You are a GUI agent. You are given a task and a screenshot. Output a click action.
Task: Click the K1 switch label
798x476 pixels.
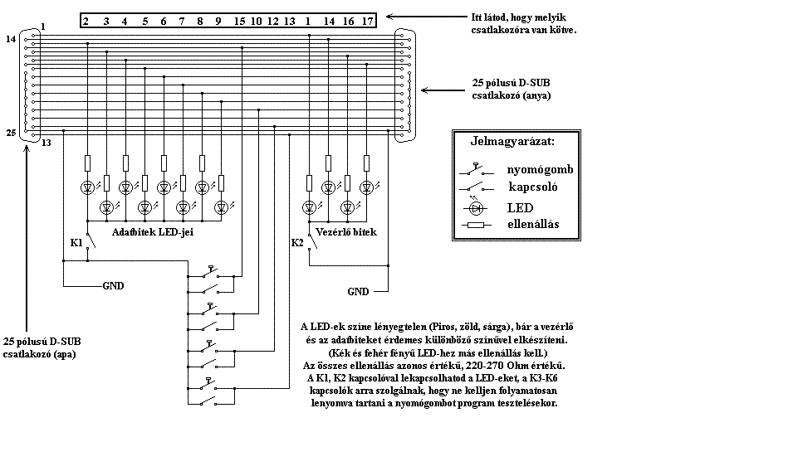pyautogui.click(x=76, y=243)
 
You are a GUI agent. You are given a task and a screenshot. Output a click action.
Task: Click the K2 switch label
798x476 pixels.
pyautogui.click(x=297, y=243)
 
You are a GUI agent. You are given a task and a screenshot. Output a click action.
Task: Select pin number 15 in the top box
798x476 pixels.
pyautogui.click(x=239, y=22)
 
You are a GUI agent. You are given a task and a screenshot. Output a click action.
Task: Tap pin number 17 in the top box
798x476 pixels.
pyautogui.click(x=368, y=22)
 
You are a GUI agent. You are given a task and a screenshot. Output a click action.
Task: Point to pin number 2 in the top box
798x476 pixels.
pyautogui.click(x=86, y=22)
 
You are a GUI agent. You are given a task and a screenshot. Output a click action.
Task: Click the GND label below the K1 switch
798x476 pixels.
pyautogui.click(x=113, y=286)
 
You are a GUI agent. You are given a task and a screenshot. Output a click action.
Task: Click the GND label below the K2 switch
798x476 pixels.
pyautogui.click(x=358, y=292)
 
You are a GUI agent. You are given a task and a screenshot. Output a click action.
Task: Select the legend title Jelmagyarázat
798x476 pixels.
pyautogui.click(x=512, y=142)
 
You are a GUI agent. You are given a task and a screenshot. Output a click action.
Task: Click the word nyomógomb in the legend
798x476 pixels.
pyautogui.click(x=540, y=170)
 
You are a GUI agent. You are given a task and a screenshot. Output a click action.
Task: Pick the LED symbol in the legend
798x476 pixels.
pyautogui.click(x=476, y=208)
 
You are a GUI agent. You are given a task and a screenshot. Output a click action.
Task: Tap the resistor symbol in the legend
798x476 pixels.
pyautogui.click(x=477, y=225)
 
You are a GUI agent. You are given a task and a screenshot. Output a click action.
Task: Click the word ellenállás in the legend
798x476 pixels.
pyautogui.click(x=533, y=225)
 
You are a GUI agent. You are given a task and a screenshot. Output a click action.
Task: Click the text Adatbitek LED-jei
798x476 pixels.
pyautogui.click(x=153, y=232)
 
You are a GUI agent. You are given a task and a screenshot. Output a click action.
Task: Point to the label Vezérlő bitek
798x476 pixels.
pyautogui.click(x=346, y=232)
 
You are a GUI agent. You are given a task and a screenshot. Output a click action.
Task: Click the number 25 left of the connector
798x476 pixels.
pyautogui.click(x=11, y=133)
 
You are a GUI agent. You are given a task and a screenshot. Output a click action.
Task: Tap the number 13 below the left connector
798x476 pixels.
pyautogui.click(x=47, y=143)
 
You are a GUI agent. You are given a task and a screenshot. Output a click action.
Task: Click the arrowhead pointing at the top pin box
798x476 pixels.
pyautogui.click(x=390, y=17)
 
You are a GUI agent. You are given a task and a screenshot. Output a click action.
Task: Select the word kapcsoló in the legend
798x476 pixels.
pyautogui.click(x=533, y=187)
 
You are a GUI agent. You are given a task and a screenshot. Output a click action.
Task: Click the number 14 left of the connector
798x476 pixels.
pyautogui.click(x=11, y=39)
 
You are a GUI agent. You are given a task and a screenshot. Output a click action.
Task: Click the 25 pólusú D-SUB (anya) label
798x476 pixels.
pyautogui.click(x=511, y=89)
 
